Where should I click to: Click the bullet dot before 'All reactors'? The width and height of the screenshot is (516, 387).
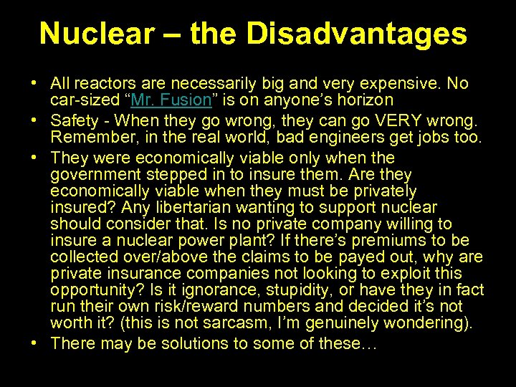coord(35,84)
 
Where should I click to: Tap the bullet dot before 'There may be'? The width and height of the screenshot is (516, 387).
coord(35,343)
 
